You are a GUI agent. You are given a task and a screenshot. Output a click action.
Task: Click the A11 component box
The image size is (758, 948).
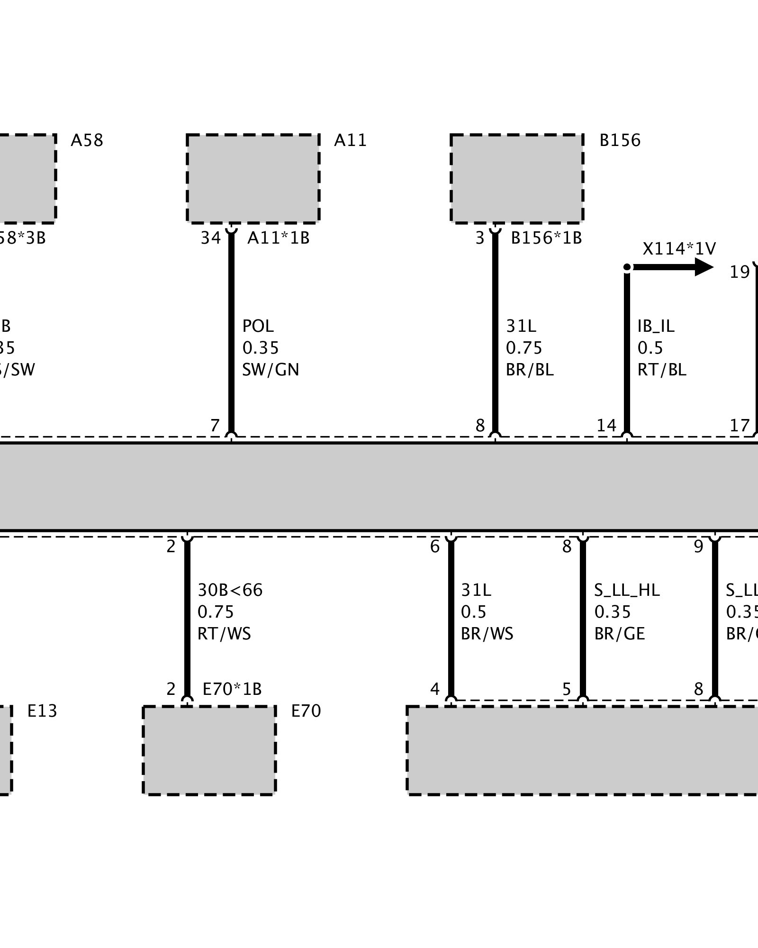click(253, 178)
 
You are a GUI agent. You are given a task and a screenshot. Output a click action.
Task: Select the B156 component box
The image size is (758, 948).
click(516, 178)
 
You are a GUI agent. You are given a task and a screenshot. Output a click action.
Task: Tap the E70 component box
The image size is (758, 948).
click(209, 750)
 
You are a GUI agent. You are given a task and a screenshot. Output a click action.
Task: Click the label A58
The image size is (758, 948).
click(87, 141)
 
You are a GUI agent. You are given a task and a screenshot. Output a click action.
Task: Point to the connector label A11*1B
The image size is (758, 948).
click(278, 238)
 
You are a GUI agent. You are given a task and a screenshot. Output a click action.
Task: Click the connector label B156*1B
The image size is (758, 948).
click(546, 238)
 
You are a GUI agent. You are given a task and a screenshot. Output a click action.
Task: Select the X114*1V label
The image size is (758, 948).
click(679, 249)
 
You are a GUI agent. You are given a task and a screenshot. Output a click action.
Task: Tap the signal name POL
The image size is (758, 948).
click(258, 326)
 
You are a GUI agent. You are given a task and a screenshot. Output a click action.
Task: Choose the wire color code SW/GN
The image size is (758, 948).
click(271, 370)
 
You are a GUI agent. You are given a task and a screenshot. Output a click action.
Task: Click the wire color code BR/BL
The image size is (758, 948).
click(530, 370)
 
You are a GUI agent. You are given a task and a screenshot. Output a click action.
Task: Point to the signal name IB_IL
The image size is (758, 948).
click(656, 326)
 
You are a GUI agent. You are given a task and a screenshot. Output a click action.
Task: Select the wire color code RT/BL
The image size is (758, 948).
click(661, 370)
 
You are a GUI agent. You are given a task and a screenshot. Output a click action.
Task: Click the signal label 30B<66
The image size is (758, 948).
click(230, 590)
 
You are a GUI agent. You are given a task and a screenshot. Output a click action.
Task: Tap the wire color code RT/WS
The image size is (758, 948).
click(224, 634)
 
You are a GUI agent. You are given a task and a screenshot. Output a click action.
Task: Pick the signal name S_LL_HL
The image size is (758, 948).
click(627, 590)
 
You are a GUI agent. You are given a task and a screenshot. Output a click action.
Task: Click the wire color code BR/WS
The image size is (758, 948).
click(487, 634)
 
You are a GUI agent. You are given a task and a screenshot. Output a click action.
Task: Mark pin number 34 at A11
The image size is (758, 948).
click(210, 238)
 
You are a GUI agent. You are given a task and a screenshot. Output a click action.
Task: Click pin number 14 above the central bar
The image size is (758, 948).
click(606, 426)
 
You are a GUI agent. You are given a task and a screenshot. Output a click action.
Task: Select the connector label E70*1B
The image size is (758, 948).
click(232, 689)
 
